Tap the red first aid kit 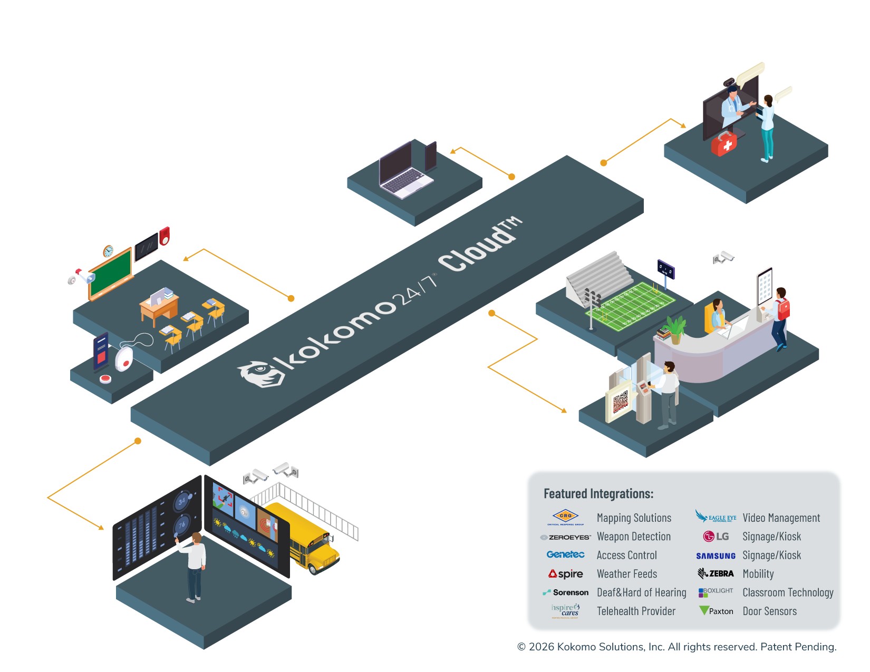[724, 143]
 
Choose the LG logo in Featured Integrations [716, 537]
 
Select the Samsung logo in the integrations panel [716, 556]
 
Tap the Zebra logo [716, 573]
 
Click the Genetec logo [566, 554]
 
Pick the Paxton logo [716, 611]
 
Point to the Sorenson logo [566, 592]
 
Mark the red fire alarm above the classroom [165, 236]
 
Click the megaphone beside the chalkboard [85, 275]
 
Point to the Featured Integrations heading [598, 494]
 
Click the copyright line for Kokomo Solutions [676, 647]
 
